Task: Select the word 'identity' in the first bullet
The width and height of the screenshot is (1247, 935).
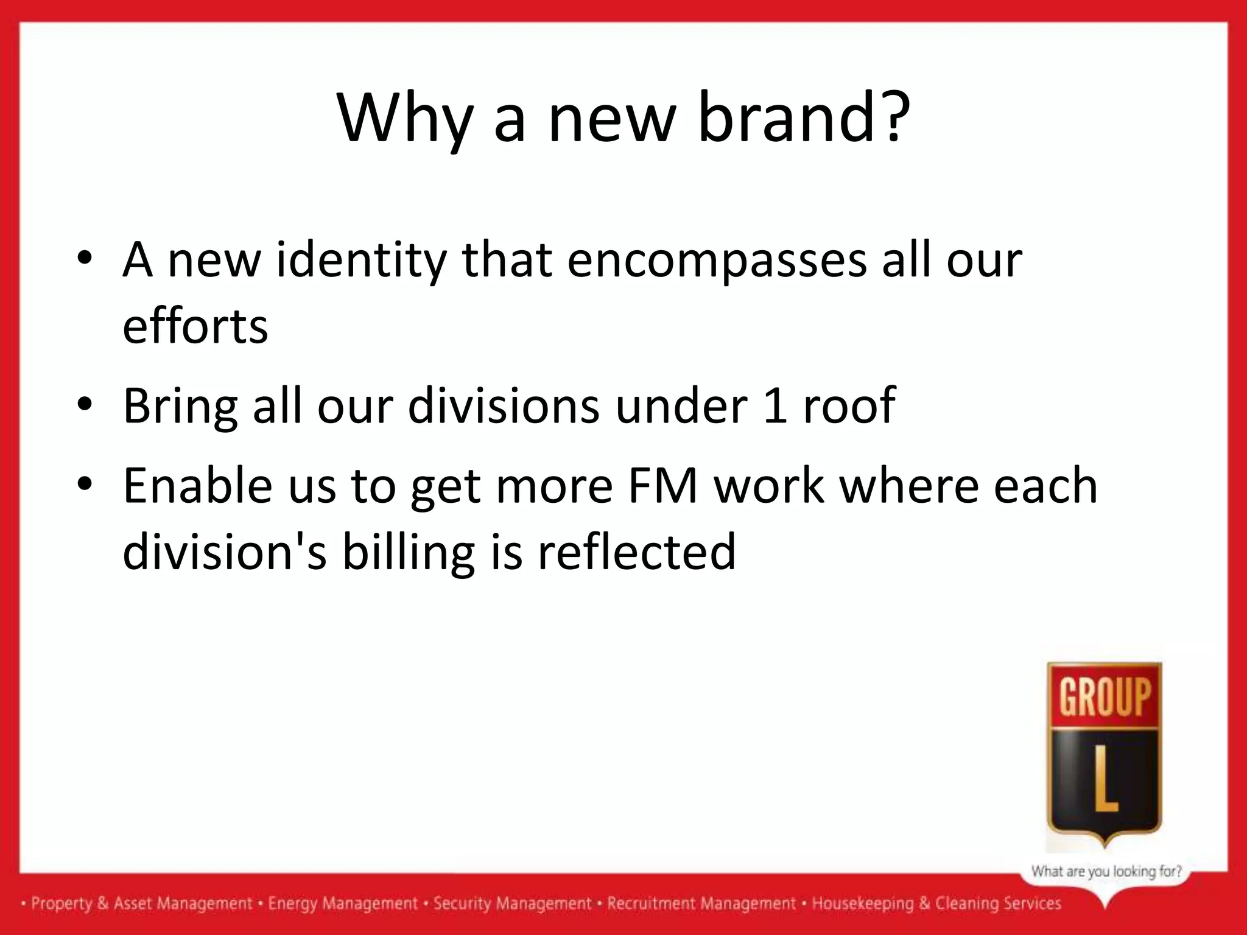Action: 362,261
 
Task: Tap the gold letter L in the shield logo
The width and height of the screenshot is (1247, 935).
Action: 1105,788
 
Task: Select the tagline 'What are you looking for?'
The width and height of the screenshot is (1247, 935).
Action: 1106,871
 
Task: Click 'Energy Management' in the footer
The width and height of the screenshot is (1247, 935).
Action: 343,903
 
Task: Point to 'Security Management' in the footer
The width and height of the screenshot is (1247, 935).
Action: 512,903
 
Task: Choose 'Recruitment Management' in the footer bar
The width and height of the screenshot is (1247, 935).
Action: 701,903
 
